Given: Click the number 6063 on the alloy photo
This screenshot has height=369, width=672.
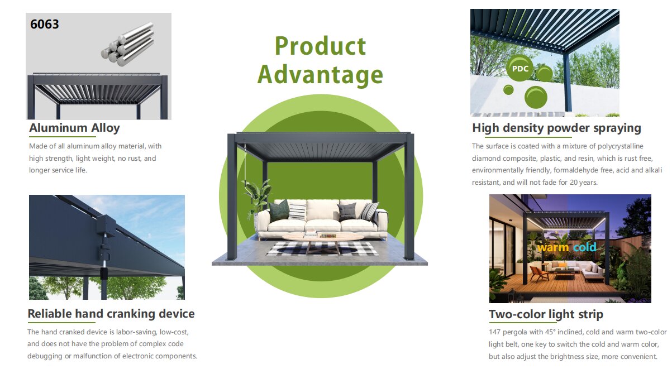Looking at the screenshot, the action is point(44,24).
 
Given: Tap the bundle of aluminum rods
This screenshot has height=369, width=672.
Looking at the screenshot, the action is point(128,44).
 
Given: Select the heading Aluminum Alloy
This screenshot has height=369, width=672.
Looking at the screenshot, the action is point(74,128).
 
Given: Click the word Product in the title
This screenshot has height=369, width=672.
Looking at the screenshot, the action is point(320,46).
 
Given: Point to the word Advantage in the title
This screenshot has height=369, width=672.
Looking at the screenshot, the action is point(320,75).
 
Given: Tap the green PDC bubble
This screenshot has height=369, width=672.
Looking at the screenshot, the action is point(520,68).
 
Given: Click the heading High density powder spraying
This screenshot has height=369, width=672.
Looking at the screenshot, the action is point(556,128).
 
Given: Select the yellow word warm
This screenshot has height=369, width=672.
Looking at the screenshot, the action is point(552,248).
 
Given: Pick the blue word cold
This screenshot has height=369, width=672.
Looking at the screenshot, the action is point(584,247).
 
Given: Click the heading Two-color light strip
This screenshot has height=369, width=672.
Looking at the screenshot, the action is point(546,314).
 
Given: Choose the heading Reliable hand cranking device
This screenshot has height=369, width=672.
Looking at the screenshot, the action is point(111,314).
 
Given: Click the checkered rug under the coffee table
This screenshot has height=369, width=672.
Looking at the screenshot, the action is point(322,249).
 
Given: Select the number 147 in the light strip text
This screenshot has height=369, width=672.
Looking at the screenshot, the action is point(495,332).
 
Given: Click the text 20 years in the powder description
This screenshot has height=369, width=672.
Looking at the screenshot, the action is point(583,182).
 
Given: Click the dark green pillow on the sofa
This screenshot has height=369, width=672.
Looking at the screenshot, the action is point(279,211).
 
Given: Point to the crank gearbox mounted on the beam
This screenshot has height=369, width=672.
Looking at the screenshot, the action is point(106,226).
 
